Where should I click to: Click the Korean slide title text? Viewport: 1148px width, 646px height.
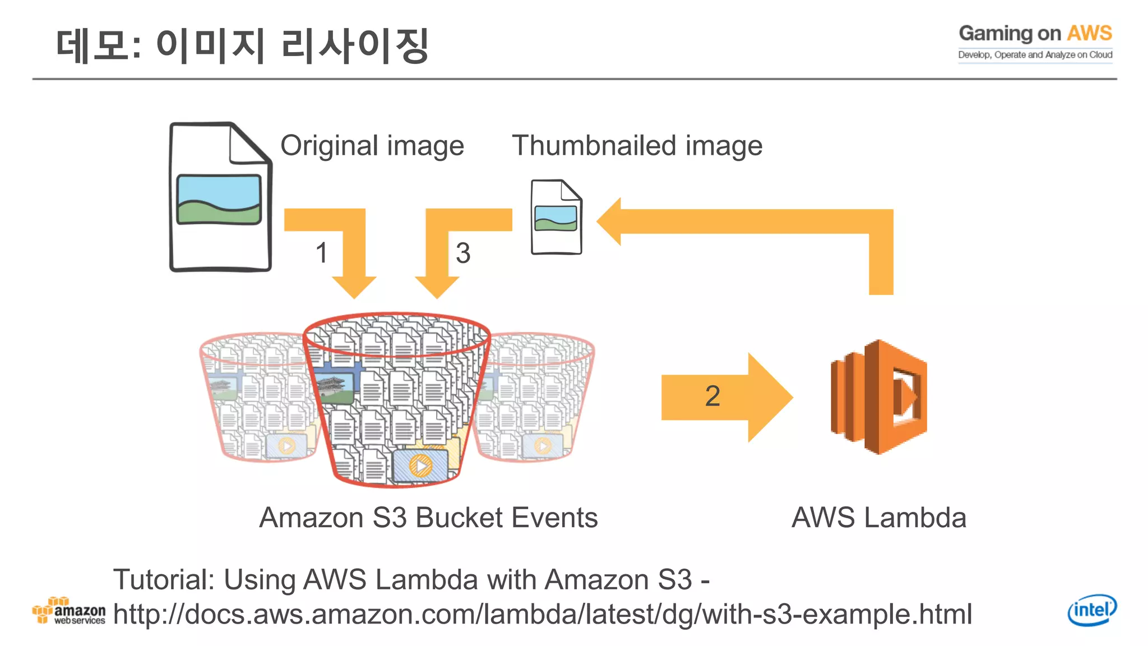pyautogui.click(x=242, y=46)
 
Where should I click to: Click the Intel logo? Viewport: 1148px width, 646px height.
pyautogui.click(x=1091, y=610)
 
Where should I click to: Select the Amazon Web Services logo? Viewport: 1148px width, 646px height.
pyautogui.click(x=68, y=611)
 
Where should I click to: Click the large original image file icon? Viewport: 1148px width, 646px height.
pyautogui.click(x=220, y=197)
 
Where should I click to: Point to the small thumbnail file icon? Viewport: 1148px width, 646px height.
pyautogui.click(x=556, y=217)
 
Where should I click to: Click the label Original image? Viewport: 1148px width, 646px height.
pyautogui.click(x=372, y=146)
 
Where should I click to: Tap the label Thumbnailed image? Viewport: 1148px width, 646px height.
pyautogui.click(x=637, y=146)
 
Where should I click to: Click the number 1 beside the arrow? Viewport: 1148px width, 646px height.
pyautogui.click(x=321, y=253)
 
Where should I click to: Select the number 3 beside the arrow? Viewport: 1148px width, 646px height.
pyautogui.click(x=462, y=253)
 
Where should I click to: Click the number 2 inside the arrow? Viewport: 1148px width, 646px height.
pyautogui.click(x=712, y=396)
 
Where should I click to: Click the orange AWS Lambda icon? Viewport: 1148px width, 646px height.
pyautogui.click(x=878, y=396)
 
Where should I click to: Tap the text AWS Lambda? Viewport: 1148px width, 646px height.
pyautogui.click(x=878, y=518)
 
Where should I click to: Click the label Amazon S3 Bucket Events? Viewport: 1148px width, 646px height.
pyautogui.click(x=428, y=518)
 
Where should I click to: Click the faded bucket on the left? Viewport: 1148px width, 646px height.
pyautogui.click(x=255, y=398)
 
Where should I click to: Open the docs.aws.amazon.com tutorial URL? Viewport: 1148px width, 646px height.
pyautogui.click(x=542, y=615)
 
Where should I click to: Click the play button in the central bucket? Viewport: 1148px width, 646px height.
pyautogui.click(x=420, y=465)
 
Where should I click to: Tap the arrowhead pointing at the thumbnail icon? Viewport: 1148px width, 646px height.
pyautogui.click(x=610, y=222)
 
